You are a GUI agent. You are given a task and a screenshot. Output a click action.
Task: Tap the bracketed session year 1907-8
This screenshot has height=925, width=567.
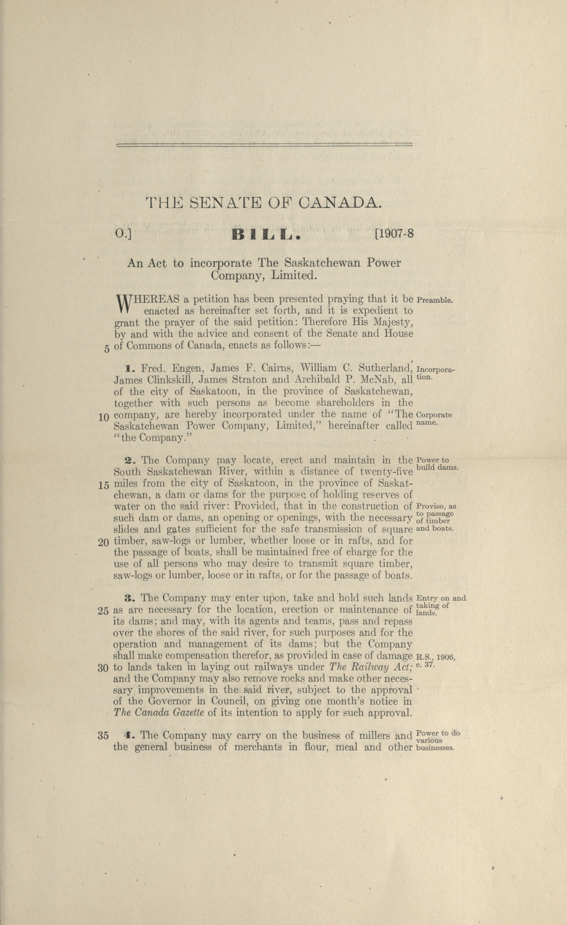coord(394,234)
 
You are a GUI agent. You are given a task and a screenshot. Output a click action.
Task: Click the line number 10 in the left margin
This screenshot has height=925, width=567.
coord(104,417)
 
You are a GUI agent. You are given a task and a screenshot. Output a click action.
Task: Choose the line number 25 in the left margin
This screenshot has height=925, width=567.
coord(103,611)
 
